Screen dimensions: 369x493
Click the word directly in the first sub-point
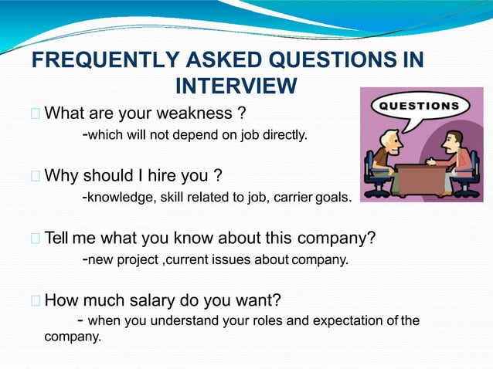click(x=284, y=137)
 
